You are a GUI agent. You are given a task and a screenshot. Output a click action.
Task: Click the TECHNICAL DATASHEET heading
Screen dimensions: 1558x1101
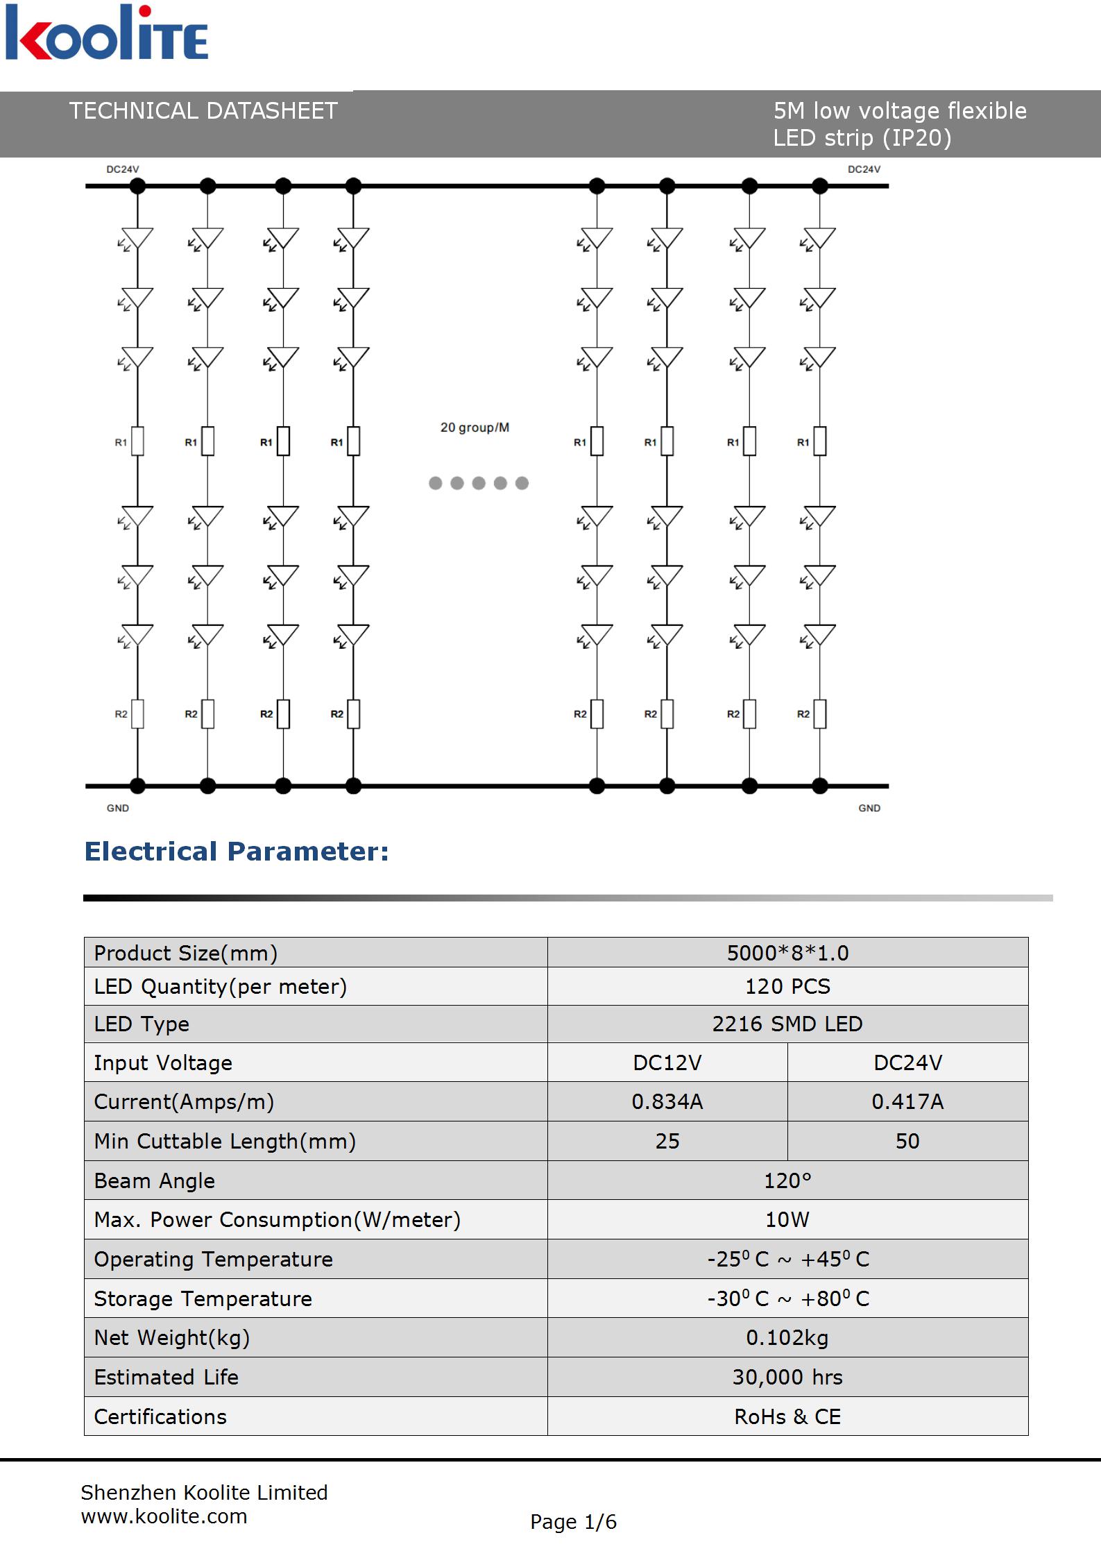[203, 111]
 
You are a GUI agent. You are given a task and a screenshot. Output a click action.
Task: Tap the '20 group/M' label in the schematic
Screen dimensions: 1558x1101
[475, 427]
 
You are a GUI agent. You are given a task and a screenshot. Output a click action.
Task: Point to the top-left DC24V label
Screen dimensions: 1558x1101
[123, 169]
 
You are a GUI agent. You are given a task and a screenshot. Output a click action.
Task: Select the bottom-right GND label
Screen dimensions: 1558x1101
[869, 808]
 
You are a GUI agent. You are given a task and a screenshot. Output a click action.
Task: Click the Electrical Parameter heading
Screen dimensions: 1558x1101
[237, 852]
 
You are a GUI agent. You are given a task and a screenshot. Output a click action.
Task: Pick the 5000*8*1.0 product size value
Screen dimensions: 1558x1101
[787, 953]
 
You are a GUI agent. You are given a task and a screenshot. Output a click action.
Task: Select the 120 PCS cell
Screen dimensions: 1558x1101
[787, 986]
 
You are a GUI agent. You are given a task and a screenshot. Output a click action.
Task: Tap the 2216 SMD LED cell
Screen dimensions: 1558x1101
[787, 1024]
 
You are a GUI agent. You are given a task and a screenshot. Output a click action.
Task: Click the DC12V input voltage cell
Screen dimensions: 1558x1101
[667, 1062]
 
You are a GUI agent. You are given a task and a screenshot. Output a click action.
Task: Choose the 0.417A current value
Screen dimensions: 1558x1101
[907, 1101]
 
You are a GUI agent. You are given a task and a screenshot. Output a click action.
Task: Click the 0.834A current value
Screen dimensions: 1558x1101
[667, 1101]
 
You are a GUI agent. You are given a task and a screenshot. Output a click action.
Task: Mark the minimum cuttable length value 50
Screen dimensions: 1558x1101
[907, 1141]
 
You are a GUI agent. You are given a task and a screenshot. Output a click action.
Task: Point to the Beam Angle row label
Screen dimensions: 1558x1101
[155, 1180]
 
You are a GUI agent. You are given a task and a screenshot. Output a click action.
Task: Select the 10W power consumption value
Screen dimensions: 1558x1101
[787, 1219]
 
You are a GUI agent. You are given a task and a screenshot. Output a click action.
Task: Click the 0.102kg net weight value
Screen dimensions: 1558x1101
[787, 1337]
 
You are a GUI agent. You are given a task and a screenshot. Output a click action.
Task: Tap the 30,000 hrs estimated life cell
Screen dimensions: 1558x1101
[787, 1377]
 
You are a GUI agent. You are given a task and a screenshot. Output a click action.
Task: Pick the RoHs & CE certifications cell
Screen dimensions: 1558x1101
[787, 1416]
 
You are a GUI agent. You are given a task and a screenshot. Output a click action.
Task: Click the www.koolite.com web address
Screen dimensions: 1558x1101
[164, 1516]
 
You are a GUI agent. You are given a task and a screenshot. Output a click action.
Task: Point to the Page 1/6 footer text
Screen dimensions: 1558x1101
[573, 1522]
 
